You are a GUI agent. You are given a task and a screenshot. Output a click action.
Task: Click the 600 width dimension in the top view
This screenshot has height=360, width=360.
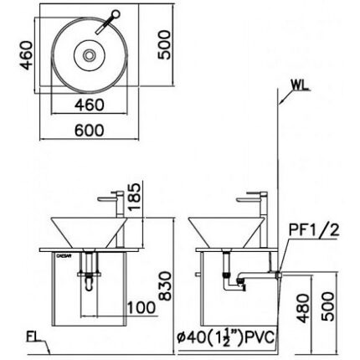coord(90,131)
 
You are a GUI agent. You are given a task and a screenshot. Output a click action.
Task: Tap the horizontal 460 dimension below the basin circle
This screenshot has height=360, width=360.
coord(90,105)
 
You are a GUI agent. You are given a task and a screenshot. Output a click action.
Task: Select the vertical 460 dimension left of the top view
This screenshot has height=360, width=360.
coord(26,55)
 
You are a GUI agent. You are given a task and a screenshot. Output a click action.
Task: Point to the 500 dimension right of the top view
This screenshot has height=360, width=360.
coord(164,44)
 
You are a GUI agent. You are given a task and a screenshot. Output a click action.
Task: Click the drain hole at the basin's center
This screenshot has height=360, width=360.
coord(90,55)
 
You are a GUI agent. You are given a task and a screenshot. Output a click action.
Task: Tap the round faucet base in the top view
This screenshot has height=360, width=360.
coord(116,13)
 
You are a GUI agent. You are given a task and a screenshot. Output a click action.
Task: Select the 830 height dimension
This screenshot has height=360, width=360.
coord(166,285)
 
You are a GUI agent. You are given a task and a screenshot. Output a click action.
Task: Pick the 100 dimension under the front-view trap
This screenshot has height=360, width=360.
coord(141,307)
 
